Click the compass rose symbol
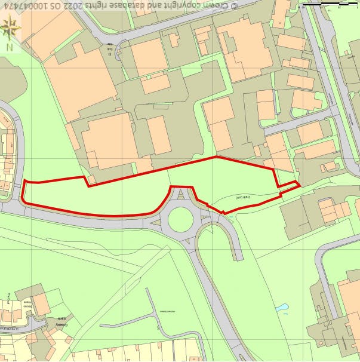point(10,26)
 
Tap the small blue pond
point(282,308)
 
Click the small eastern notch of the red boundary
point(297,183)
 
